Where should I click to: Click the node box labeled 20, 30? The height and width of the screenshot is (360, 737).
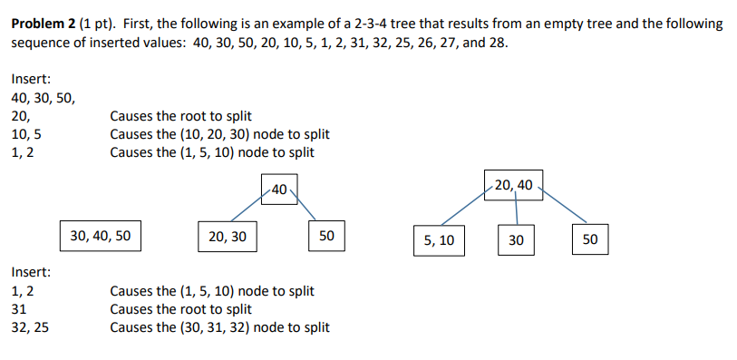[227, 237]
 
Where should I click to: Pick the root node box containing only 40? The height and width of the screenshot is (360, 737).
[278, 190]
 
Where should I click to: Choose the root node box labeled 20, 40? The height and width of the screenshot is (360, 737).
[514, 185]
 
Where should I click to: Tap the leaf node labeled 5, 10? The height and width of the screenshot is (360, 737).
[439, 240]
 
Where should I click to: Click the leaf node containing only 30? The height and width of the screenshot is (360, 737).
[516, 240]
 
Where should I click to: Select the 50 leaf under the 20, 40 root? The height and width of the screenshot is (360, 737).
[590, 240]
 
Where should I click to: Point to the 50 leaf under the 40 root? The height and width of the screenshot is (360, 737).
[327, 237]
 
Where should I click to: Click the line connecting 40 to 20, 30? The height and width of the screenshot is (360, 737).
[247, 209]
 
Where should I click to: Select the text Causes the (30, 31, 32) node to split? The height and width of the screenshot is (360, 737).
[219, 326]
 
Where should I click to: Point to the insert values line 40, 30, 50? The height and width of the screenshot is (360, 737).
[44, 98]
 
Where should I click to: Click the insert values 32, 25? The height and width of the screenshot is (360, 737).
[30, 326]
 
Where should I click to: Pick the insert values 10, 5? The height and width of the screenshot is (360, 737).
[25, 134]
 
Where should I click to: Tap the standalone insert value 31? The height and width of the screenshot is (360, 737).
[18, 309]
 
